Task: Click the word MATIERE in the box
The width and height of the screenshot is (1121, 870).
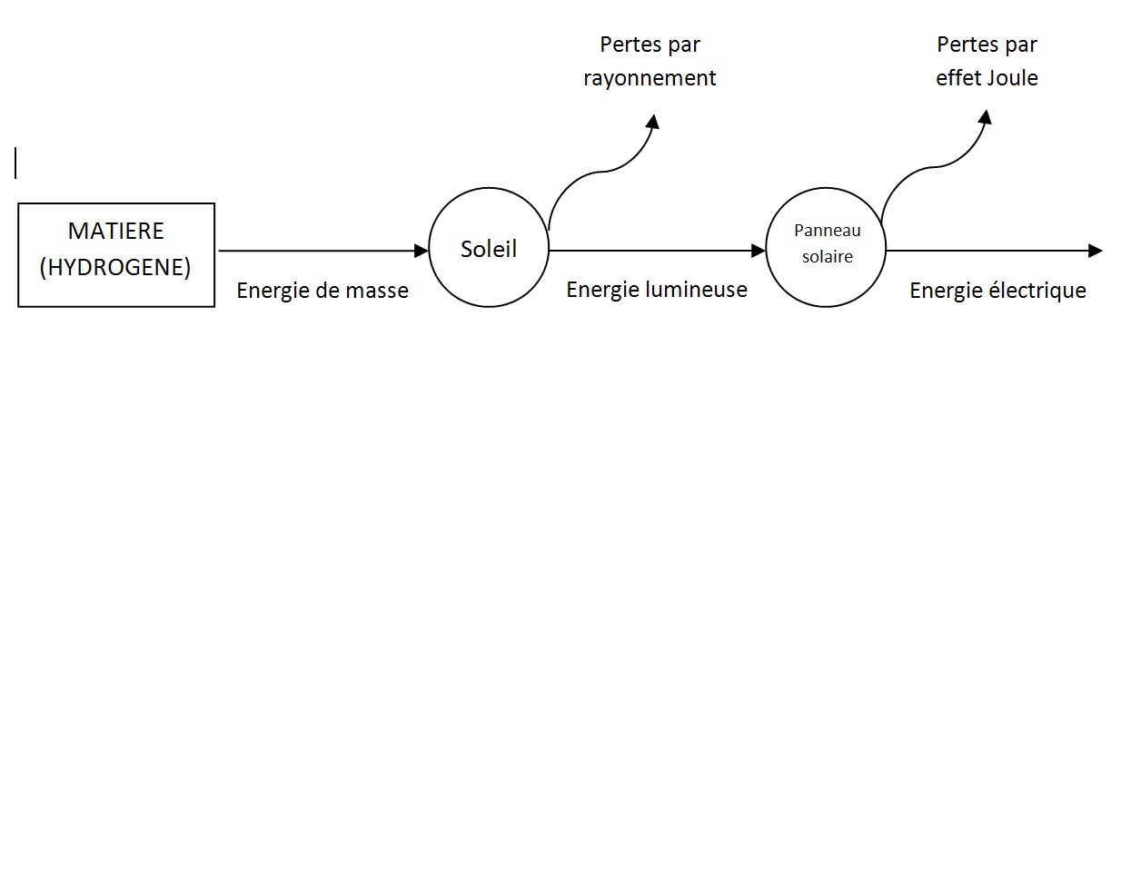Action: pos(116,231)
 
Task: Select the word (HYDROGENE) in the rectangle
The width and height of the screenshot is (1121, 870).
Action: pos(115,267)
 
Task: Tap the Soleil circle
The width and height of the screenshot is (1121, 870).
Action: pos(489,249)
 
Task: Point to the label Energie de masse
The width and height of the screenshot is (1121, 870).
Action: pos(322,291)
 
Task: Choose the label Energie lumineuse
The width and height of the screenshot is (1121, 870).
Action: pos(657,290)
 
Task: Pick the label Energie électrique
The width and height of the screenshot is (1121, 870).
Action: pos(997,291)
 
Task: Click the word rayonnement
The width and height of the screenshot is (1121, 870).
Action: pos(650,79)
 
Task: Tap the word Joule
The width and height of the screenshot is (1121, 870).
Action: pos(1012,78)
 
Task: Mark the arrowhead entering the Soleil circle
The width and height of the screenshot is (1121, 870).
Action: pos(422,251)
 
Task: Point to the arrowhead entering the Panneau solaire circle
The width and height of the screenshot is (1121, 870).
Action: pos(759,251)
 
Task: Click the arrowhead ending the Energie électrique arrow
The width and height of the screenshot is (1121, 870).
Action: pos(1096,251)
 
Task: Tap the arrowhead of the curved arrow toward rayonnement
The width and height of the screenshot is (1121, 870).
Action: pos(652,121)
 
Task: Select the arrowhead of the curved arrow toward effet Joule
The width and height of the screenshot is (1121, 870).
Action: pos(985,117)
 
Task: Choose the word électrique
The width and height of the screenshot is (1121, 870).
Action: pos(1036,291)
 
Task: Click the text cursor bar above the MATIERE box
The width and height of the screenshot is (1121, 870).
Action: pos(15,163)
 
